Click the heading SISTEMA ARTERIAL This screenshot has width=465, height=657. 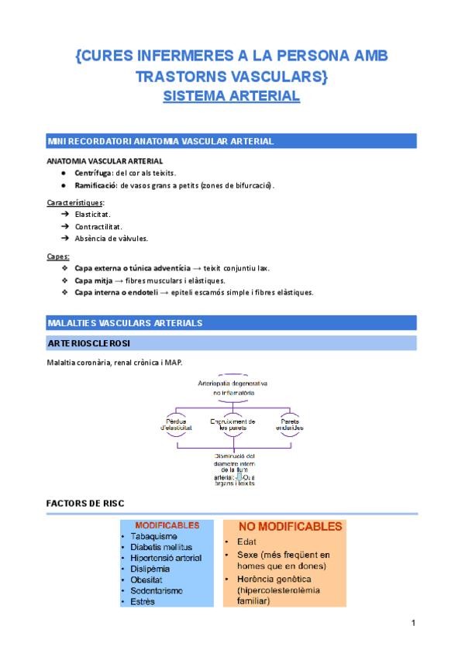[231, 97]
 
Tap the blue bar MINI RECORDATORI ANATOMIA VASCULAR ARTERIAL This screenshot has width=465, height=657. [160, 141]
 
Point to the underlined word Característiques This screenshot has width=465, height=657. [75, 202]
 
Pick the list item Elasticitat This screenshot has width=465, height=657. [93, 214]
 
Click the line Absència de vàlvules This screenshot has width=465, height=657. [112, 239]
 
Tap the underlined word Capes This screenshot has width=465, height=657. [58, 256]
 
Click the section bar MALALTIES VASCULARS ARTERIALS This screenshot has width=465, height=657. [125, 322]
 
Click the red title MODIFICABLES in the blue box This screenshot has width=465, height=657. [167, 525]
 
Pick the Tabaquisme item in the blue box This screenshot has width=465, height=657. [154, 536]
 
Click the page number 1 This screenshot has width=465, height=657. [414, 624]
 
